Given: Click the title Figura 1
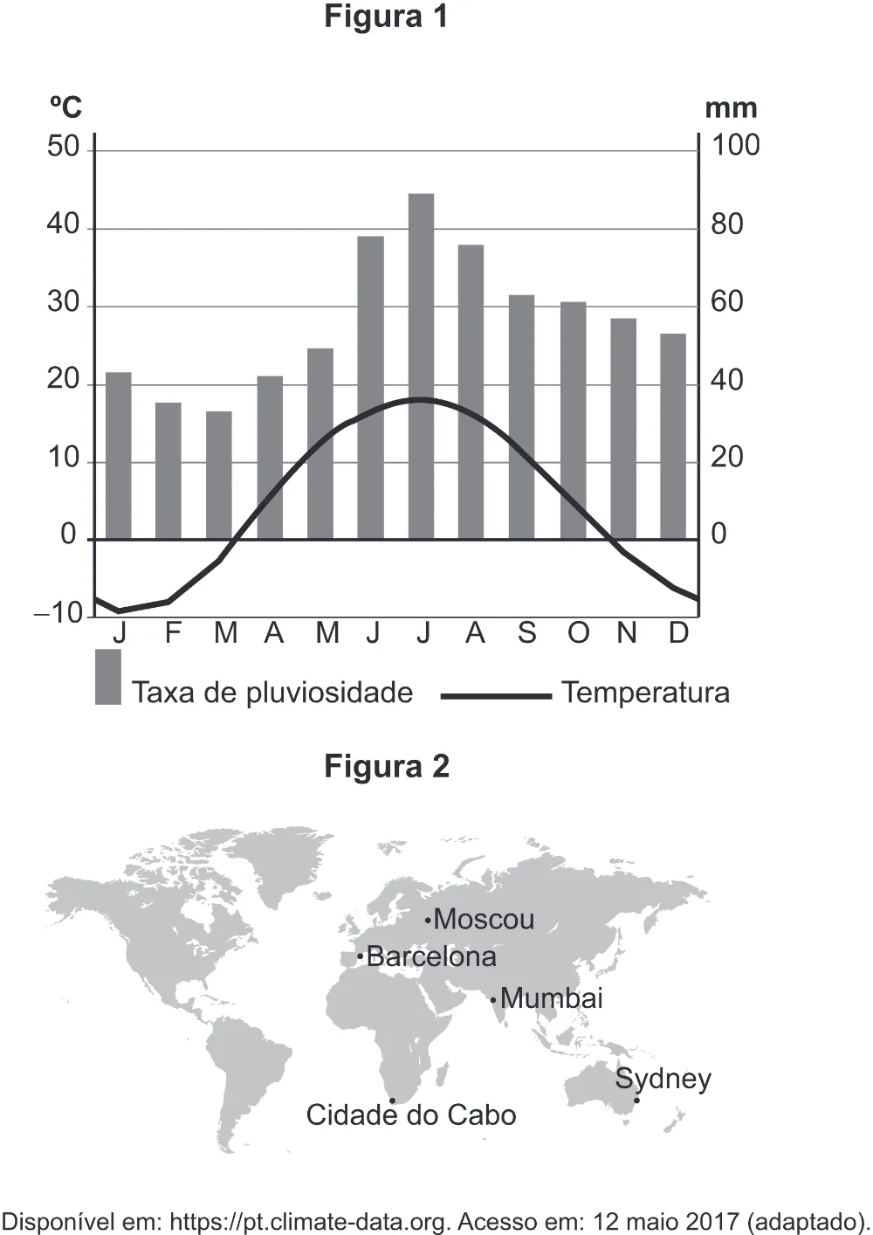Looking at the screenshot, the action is click(x=385, y=17).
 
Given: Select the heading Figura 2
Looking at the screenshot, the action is click(x=387, y=766).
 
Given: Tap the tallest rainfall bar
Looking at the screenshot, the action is click(x=421, y=366).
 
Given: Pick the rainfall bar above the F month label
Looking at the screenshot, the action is click(x=168, y=471).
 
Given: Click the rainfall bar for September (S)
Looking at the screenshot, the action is click(x=521, y=417).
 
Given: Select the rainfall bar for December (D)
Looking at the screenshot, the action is click(x=673, y=436).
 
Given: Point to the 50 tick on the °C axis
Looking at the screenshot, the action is click(x=64, y=148).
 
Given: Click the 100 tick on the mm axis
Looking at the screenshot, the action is click(x=736, y=146).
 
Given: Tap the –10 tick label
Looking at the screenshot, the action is click(x=58, y=613).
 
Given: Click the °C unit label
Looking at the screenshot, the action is click(x=65, y=107).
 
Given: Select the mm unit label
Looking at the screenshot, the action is click(x=731, y=109).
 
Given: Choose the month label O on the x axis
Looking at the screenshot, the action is click(x=578, y=633).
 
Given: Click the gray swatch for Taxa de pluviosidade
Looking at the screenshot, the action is click(x=108, y=677).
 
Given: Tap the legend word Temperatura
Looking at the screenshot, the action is click(x=645, y=693).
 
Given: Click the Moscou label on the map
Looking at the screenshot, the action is click(x=484, y=920).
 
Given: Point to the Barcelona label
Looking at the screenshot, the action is click(x=431, y=956).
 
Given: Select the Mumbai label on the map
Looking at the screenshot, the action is click(x=551, y=998).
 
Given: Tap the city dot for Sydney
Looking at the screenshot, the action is click(x=636, y=1100).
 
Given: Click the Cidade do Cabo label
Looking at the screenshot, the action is click(x=411, y=1114).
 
